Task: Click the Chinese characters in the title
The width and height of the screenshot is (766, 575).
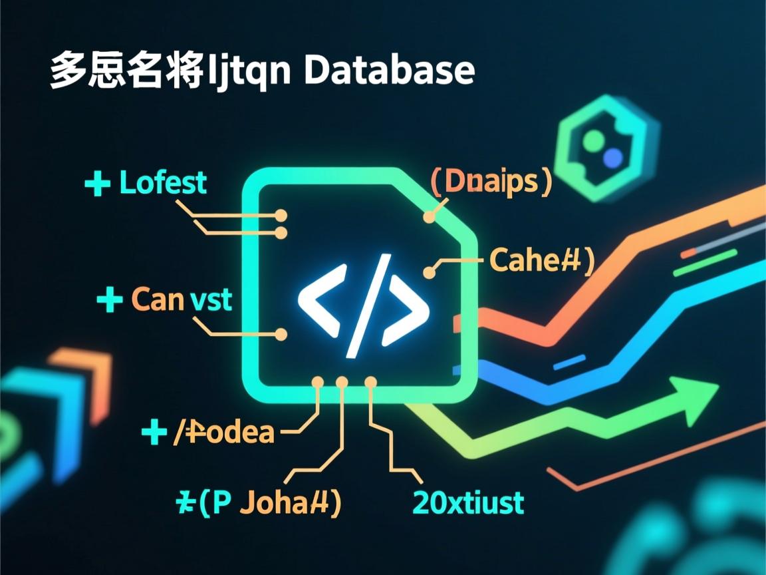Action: pyautogui.click(x=126, y=70)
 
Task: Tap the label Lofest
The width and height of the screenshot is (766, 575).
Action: pyautogui.click(x=163, y=182)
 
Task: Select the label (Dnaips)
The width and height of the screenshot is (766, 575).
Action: pyautogui.click(x=491, y=182)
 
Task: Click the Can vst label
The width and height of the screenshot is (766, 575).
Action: pyautogui.click(x=182, y=299)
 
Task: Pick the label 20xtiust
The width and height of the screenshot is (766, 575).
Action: pyautogui.click(x=468, y=502)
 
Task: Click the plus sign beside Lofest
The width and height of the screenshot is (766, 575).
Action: pyautogui.click(x=98, y=184)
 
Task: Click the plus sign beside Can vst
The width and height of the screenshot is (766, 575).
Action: pyautogui.click(x=110, y=300)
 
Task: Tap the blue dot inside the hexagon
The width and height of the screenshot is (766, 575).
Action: pyautogui.click(x=612, y=157)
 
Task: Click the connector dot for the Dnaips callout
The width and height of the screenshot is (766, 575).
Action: pyautogui.click(x=429, y=217)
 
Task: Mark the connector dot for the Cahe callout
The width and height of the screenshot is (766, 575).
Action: pyautogui.click(x=429, y=272)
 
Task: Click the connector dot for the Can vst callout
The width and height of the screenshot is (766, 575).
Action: pyautogui.click(x=281, y=334)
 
